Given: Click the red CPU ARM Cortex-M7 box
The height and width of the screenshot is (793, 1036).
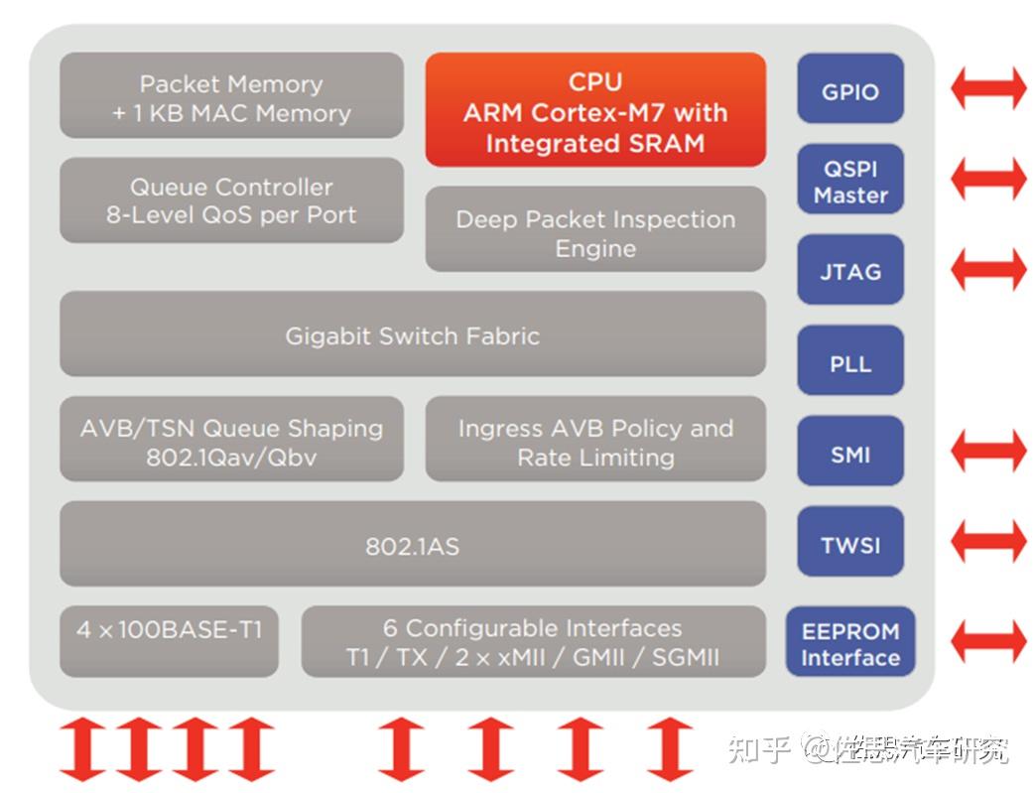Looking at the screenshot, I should (x=595, y=110).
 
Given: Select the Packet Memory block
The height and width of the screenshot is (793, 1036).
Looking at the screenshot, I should (x=231, y=96).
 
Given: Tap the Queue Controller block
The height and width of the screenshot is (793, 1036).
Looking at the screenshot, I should (x=231, y=199).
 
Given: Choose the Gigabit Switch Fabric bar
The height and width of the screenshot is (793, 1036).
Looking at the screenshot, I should (x=412, y=334).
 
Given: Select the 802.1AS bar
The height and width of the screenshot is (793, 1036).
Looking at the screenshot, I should (x=412, y=544).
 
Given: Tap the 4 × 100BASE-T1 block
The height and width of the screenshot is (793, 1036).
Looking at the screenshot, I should (x=169, y=640).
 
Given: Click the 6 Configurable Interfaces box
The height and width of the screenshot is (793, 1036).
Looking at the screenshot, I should (x=533, y=641).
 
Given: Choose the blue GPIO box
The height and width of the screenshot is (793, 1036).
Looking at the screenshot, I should (x=850, y=90).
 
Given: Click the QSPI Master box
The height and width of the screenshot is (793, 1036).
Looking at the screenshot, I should (x=850, y=180).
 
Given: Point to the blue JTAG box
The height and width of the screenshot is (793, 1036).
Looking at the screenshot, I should (x=850, y=270).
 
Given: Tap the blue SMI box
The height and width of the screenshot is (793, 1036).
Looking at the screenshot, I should (x=850, y=453).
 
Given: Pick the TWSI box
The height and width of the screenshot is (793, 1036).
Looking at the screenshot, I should (x=850, y=543).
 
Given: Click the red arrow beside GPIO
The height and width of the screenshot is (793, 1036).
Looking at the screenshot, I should (x=988, y=88).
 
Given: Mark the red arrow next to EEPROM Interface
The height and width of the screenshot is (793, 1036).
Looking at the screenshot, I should (x=988, y=640).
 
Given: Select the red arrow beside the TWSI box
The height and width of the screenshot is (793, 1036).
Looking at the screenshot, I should (x=988, y=542).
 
